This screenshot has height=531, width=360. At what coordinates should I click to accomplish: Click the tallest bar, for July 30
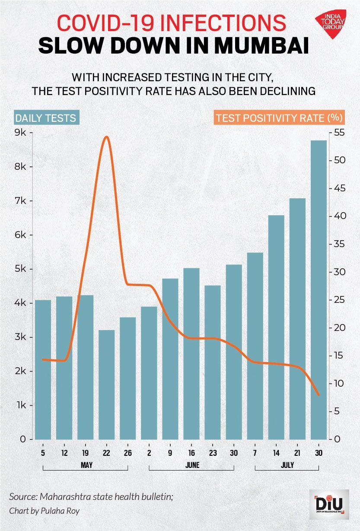tap(319, 289)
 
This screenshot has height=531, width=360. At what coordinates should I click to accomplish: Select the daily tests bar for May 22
tap(106, 385)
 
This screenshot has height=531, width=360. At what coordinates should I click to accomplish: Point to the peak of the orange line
tap(106, 137)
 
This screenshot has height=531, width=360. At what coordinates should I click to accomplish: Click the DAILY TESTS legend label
tap(46, 118)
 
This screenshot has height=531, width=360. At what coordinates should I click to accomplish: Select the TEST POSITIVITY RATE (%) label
tap(279, 118)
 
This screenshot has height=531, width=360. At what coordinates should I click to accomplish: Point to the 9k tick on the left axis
tap(20, 133)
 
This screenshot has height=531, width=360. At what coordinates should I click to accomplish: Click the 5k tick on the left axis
tap(20, 269)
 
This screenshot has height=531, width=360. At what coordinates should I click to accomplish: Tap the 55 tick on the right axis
tap(338, 133)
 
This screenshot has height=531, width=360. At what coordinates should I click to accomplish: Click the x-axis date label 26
tap(127, 453)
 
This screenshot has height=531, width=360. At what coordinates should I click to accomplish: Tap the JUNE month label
tap(192, 465)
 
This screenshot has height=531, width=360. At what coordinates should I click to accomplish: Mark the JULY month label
tap(287, 465)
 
